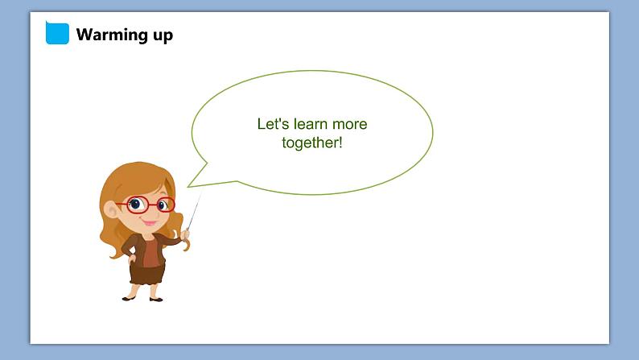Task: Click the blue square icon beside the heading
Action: (57, 33)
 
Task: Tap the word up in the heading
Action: (163, 36)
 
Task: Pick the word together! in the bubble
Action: (312, 143)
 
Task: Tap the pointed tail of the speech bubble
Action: (188, 187)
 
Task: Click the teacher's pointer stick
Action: (195, 210)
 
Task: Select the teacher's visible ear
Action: (110, 209)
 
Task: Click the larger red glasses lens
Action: (138, 205)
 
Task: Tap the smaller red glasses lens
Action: (166, 205)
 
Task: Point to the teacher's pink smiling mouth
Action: (150, 222)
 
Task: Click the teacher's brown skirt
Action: (147, 274)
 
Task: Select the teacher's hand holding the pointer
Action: (185, 234)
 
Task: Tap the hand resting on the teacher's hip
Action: (132, 258)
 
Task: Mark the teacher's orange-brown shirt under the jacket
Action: (150, 252)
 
